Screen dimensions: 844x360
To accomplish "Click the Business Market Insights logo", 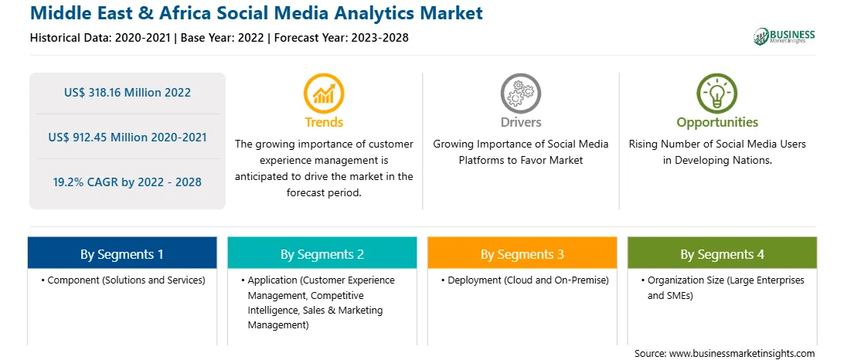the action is [x=784, y=36].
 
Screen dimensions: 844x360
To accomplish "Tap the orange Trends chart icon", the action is [x=324, y=93].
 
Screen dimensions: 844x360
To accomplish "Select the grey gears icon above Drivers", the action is [x=520, y=93].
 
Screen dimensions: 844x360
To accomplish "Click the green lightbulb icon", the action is [x=717, y=93].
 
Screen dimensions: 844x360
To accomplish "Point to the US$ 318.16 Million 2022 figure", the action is [x=128, y=93].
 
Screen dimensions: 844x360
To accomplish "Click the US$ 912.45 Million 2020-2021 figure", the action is [x=128, y=138].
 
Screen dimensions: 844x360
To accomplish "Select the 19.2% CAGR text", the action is [x=128, y=182].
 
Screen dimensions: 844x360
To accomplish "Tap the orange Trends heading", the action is [x=324, y=122].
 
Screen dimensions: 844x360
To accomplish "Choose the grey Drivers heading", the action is [x=521, y=122].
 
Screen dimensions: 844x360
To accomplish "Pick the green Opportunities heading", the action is [x=717, y=122].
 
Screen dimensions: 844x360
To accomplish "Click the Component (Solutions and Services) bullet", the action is [x=123, y=280].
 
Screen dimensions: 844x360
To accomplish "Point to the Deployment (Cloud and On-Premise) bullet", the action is [x=525, y=280].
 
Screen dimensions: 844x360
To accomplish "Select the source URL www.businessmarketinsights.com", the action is [x=742, y=354].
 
